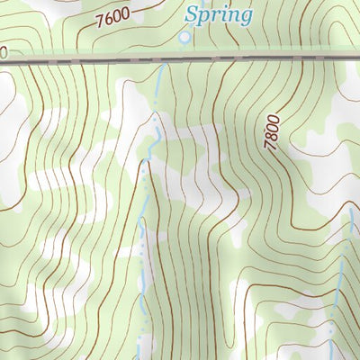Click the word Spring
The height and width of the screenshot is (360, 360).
pyautogui.click(x=219, y=15)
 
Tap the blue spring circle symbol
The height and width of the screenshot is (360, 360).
pyautogui.click(x=184, y=37)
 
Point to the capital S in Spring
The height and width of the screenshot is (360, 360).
pyautogui.click(x=192, y=13)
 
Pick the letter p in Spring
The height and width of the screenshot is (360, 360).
pyautogui.click(x=206, y=17)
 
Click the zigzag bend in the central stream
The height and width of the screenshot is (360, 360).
pyautogui.click(x=155, y=135)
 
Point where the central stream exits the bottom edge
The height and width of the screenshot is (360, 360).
pyautogui.click(x=145, y=357)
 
